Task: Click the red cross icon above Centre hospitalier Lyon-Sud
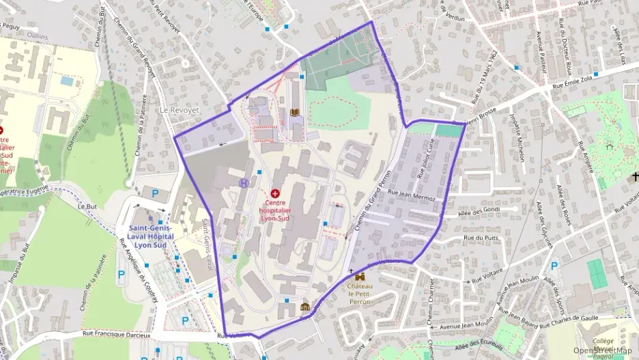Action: [276, 194]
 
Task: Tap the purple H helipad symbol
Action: [244, 183]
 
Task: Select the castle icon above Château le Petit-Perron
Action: [360, 277]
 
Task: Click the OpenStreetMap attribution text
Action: [602, 351]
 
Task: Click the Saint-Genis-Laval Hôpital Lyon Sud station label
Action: [150, 236]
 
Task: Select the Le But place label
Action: [86, 206]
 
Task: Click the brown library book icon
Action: [295, 112]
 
